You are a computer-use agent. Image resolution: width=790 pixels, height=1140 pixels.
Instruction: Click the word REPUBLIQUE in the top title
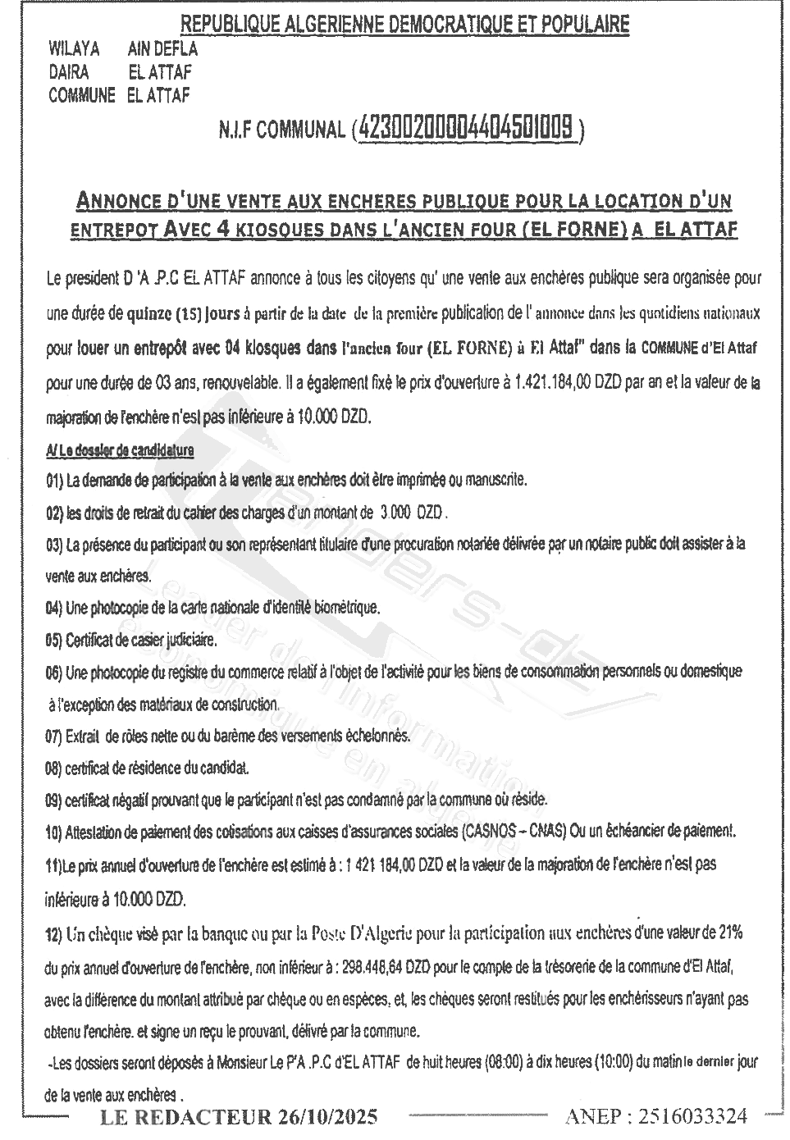[226, 25]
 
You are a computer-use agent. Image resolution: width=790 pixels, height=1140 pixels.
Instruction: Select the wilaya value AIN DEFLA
[162, 49]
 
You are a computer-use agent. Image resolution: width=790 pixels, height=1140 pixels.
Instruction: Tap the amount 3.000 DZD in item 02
[413, 513]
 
